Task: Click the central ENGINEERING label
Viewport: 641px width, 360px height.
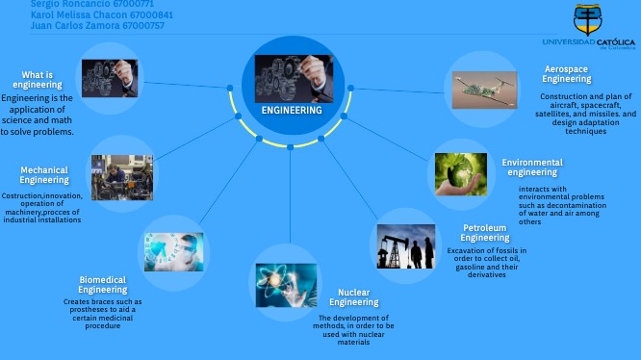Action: coord(292,111)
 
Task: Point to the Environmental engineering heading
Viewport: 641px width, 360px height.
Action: coord(532,167)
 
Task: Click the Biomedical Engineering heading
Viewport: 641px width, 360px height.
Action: coord(102,284)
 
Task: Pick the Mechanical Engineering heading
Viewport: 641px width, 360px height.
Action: coord(44,175)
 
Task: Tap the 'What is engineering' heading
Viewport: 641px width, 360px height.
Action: coord(38,80)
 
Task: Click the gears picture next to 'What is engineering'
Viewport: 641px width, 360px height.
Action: coord(109,79)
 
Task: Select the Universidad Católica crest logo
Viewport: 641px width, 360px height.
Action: coord(588,19)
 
